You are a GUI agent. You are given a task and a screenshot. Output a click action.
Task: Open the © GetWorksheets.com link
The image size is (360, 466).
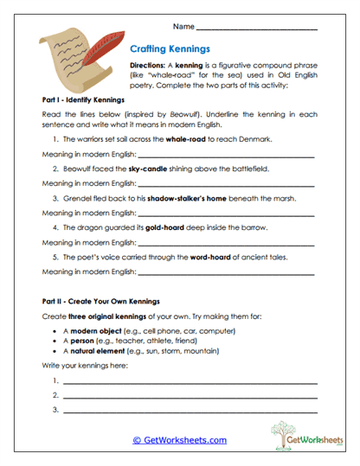point(179,440)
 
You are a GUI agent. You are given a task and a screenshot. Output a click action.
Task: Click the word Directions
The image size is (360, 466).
point(146,65)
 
